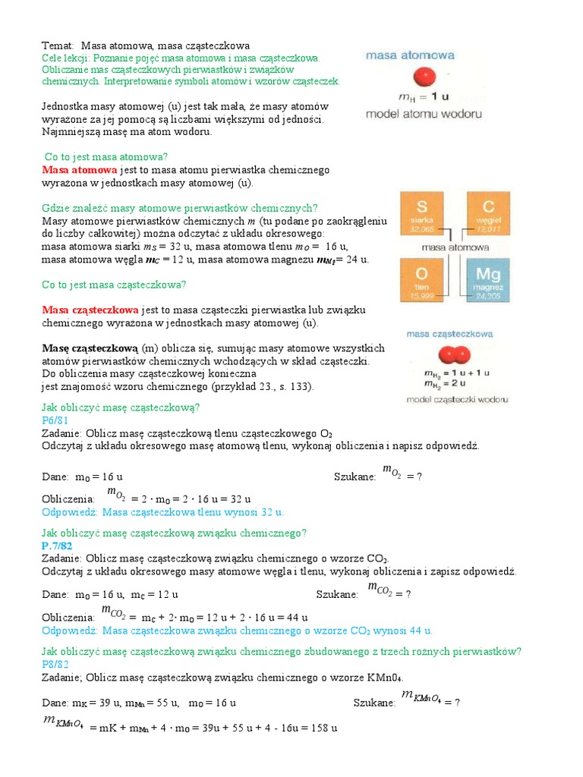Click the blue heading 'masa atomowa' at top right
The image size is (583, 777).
pyautogui.click(x=411, y=55)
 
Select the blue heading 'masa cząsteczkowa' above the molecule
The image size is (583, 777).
pyautogui.click(x=450, y=333)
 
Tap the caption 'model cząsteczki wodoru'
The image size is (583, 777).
pyautogui.click(x=457, y=399)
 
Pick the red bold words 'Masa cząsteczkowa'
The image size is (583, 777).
pyautogui.click(x=90, y=310)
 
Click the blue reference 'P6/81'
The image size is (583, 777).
pyautogui.click(x=55, y=420)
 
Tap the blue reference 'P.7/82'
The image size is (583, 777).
pyautogui.click(x=58, y=545)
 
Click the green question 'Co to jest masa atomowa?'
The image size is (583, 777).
pyautogui.click(x=106, y=156)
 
